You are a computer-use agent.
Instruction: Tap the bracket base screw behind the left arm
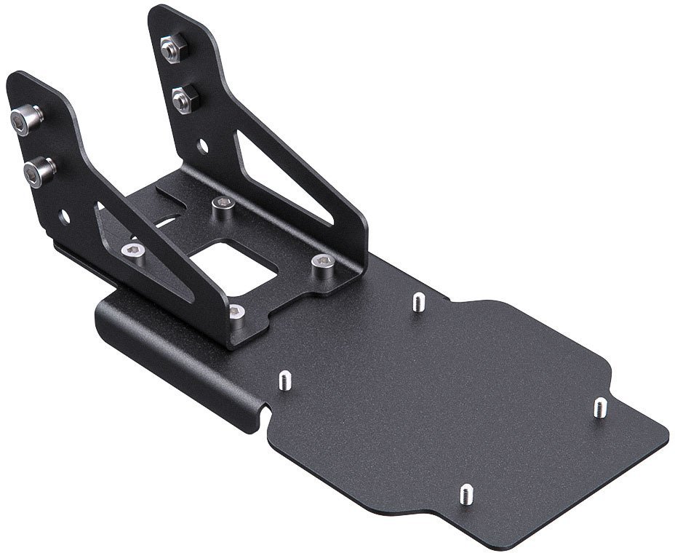[x=132, y=252]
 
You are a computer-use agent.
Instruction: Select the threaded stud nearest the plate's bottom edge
[x=464, y=495]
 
